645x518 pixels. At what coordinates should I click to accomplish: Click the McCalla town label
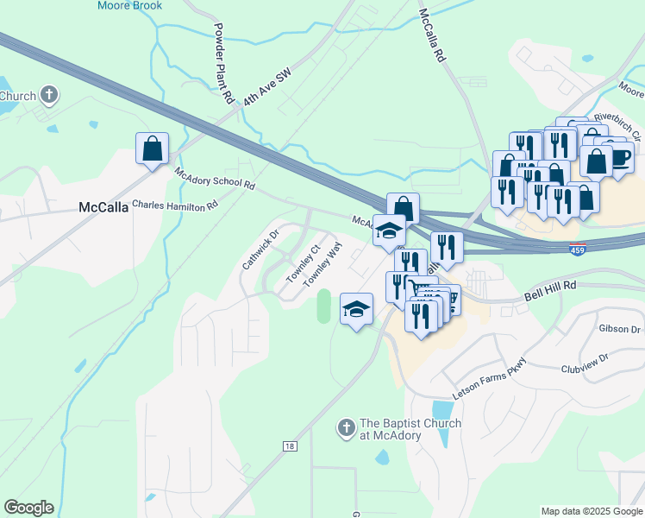[x=103, y=207]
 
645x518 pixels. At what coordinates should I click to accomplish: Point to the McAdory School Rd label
[x=215, y=179]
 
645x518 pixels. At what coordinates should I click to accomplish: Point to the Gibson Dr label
[x=619, y=329]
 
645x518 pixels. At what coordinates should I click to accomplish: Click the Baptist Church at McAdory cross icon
[x=345, y=427]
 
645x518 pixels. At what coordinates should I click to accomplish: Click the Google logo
[x=28, y=508]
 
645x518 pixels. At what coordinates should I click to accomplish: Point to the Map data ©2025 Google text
[x=592, y=511]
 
